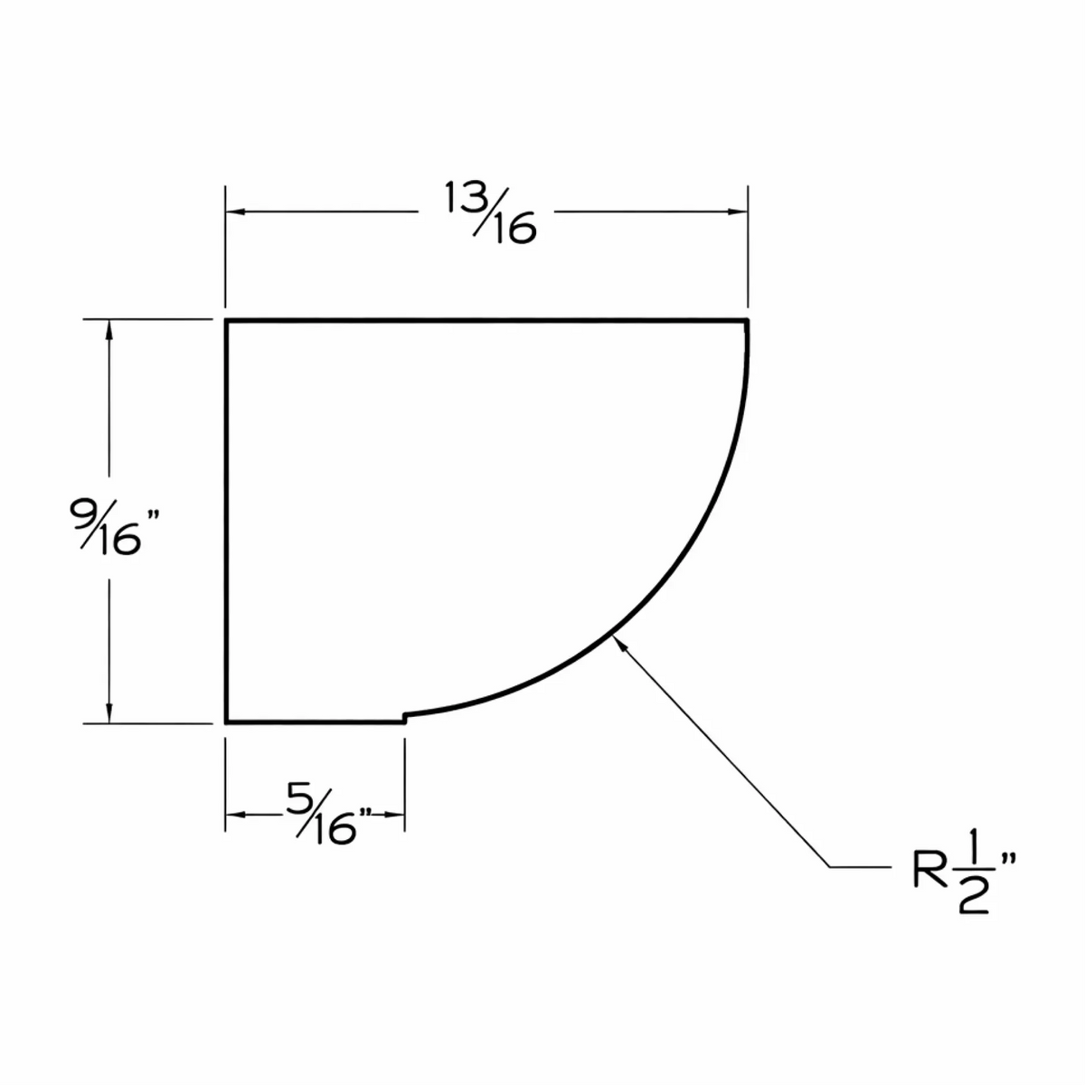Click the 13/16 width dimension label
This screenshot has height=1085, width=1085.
489,212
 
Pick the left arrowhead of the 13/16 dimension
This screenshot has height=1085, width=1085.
235,212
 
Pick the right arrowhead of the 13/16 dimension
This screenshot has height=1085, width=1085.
738,212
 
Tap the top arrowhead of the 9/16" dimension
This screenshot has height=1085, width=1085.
109,329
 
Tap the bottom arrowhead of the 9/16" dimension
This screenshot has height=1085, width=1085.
109,712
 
